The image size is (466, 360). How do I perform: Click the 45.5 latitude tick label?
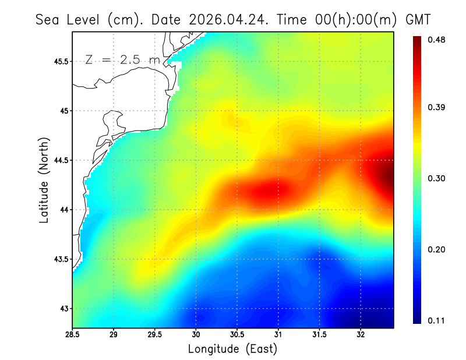61,62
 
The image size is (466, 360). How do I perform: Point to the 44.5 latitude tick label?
61,161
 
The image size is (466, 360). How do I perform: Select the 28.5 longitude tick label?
72,335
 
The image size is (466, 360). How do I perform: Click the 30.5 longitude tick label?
237,335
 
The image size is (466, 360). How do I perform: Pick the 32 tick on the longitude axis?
361,335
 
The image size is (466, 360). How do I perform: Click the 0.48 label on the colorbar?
436,40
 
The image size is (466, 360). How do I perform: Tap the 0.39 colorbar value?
436,107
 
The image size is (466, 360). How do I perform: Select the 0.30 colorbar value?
436,178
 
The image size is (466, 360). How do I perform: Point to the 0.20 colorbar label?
436,249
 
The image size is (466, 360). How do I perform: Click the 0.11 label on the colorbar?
436,320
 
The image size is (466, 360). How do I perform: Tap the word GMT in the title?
418,20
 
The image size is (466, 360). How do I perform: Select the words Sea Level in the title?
68,20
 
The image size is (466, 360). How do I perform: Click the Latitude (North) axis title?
44,180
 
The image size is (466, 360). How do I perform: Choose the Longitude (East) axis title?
232,349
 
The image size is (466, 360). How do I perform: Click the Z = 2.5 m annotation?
123,60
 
